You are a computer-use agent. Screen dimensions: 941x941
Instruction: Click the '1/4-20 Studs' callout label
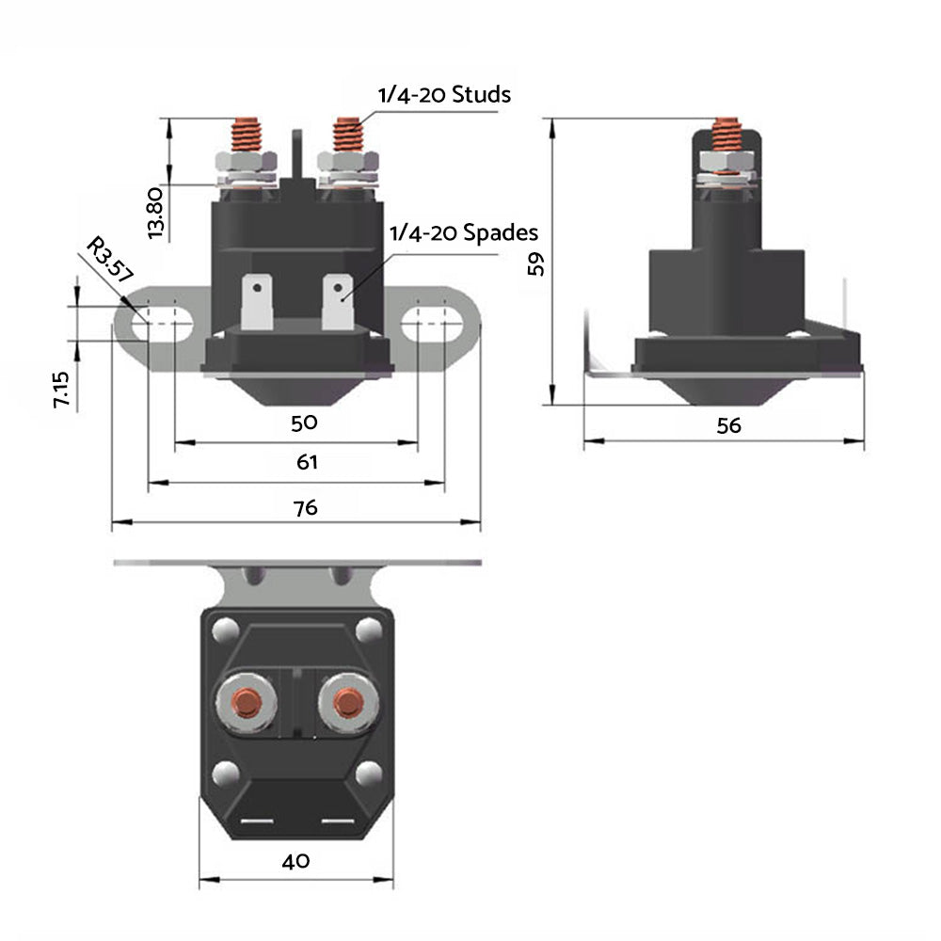click(x=443, y=95)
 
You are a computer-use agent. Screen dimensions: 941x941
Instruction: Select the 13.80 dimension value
click(x=156, y=211)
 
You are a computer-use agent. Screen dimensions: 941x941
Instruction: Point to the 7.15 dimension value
click(x=61, y=389)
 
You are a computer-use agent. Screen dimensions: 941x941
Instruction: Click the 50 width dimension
click(x=304, y=422)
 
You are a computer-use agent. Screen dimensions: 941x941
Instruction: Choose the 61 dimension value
click(x=307, y=462)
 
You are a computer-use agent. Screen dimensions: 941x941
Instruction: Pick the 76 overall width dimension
click(x=305, y=507)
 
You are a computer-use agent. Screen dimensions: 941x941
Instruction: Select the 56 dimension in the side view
click(x=728, y=425)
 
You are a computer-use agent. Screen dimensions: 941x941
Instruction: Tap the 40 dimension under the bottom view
click(x=295, y=860)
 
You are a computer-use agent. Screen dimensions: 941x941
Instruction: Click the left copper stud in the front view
click(x=247, y=137)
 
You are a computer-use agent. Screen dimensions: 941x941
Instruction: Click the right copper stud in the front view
click(x=346, y=137)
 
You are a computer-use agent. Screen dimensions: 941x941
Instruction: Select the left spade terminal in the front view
click(x=256, y=300)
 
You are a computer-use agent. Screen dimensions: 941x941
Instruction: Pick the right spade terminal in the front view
click(x=337, y=300)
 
